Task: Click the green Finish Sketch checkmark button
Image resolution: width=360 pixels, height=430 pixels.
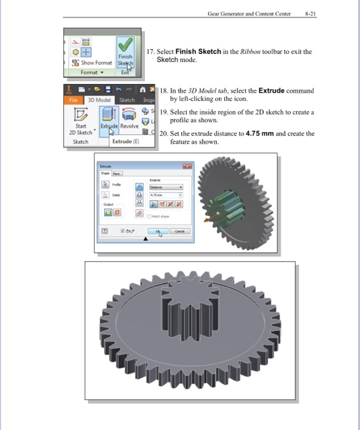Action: [x=126, y=46]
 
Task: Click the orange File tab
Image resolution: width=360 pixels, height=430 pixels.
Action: [x=73, y=100]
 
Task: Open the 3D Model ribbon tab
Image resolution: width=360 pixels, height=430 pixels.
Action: [x=99, y=100]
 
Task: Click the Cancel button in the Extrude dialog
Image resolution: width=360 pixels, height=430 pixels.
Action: [x=180, y=232]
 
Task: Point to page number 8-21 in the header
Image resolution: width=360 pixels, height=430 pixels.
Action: [x=309, y=12]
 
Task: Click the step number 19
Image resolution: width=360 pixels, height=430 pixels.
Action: [x=163, y=112]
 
